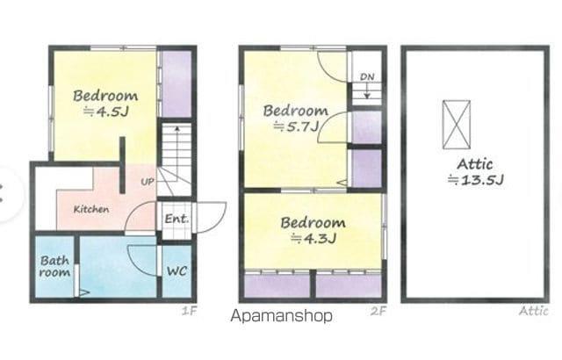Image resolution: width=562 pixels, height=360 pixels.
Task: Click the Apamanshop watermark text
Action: click(x=281, y=316)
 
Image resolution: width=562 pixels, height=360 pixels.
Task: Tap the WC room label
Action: click(x=177, y=271)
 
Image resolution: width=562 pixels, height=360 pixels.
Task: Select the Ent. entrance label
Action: click(x=177, y=219)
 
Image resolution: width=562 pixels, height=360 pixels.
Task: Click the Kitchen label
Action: click(x=91, y=209)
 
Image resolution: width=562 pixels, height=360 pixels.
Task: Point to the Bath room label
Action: click(x=54, y=266)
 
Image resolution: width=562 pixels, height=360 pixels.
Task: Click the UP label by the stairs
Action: click(x=148, y=182)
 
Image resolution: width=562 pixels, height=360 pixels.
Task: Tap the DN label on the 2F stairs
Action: click(x=367, y=76)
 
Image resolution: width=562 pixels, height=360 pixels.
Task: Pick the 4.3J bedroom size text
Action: click(x=313, y=238)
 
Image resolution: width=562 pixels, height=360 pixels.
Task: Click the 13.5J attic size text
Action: click(x=476, y=179)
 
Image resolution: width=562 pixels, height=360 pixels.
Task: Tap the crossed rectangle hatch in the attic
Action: click(x=457, y=125)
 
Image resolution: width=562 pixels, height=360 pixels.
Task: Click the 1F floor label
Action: click(x=190, y=311)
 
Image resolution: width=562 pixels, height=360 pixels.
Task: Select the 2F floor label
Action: click(x=378, y=311)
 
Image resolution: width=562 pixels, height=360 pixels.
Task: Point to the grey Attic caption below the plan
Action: click(x=534, y=311)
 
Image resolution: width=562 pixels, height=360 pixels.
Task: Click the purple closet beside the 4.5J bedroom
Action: click(x=177, y=83)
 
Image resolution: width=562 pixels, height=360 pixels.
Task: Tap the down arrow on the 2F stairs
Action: click(x=367, y=90)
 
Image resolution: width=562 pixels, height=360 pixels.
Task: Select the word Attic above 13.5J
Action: click(x=475, y=164)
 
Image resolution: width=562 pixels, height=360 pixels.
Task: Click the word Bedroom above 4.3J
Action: click(x=313, y=223)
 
